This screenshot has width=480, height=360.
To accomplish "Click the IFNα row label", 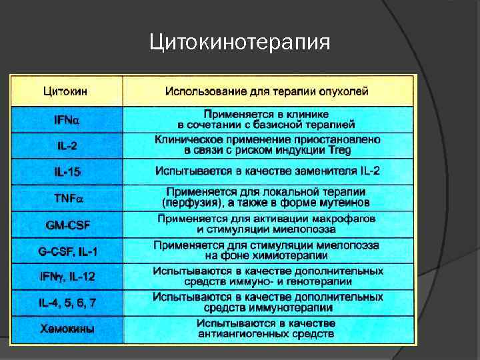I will [66, 120].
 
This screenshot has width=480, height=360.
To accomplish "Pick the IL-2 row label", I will [65, 145].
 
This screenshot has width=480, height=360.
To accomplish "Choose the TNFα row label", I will [67, 198].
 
